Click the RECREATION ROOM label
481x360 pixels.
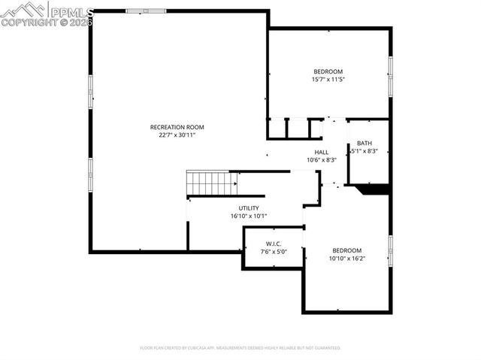pos(177,127)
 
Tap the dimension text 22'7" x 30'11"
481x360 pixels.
pos(177,135)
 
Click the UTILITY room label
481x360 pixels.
pos(249,208)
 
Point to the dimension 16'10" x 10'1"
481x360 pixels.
pos(249,216)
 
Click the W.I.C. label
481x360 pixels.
pos(273,244)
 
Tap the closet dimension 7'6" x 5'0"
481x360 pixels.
pos(273,252)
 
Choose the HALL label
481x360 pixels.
pos(322,152)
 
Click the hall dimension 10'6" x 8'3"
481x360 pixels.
pos(322,159)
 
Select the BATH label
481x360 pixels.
pos(365,144)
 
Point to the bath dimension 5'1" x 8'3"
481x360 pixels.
pos(365,151)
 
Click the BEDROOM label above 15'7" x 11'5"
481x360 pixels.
pos(328,71)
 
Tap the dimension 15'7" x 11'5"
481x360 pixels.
pos(328,79)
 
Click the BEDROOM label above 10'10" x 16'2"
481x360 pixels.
pos(347,250)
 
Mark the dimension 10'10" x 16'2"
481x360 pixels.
pos(347,259)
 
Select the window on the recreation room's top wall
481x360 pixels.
pos(136,11)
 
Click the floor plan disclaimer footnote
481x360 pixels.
pos(240,348)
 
